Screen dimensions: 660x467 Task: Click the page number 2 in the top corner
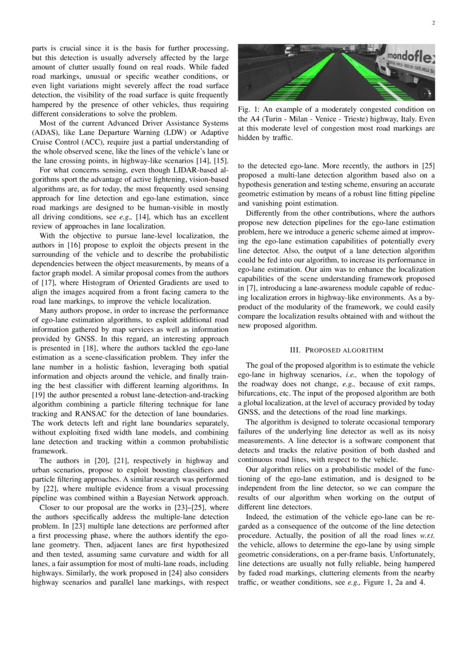pyautogui.click(x=433, y=23)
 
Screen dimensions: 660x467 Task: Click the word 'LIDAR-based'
pyautogui.click(x=197, y=169)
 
